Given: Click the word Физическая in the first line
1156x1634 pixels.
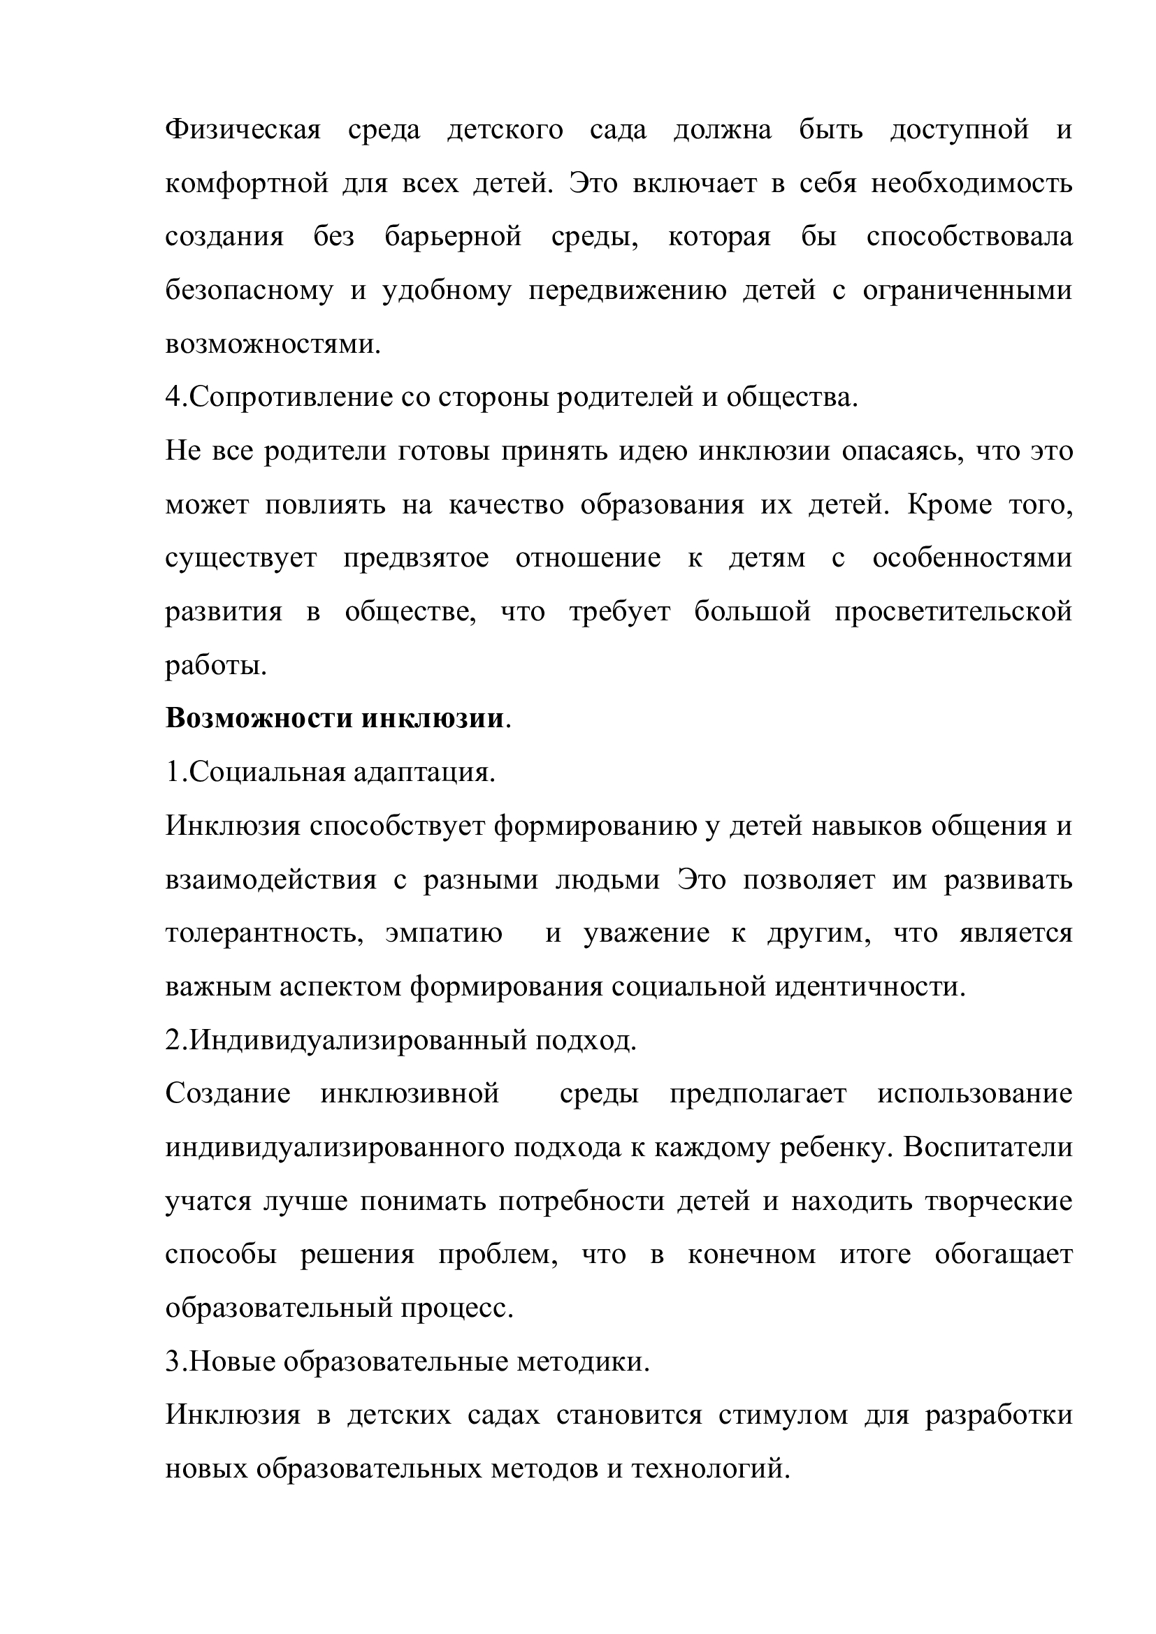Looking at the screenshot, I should coord(243,130).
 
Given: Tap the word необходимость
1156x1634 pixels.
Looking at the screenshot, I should coord(971,184).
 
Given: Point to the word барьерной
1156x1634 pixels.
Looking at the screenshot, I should coord(454,237).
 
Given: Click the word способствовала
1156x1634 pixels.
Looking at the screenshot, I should coord(969,237).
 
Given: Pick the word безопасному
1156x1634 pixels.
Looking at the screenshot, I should coord(249,291).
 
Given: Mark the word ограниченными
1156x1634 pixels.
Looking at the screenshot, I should coord(967,291).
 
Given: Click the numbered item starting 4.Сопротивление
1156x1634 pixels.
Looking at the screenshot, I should coord(511,397).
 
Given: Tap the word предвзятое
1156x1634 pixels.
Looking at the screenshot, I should coord(417,558).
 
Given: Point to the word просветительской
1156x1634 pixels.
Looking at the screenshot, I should coord(953,611).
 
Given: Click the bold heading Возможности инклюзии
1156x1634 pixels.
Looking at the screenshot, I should coord(335,719).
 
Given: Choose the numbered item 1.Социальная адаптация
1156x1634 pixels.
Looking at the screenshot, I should coord(331,772).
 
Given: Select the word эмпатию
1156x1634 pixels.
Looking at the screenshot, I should coord(445,933).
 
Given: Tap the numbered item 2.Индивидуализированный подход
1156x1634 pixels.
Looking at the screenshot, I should coord(400,1040).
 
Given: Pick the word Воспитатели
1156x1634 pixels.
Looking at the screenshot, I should coord(988,1148).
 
